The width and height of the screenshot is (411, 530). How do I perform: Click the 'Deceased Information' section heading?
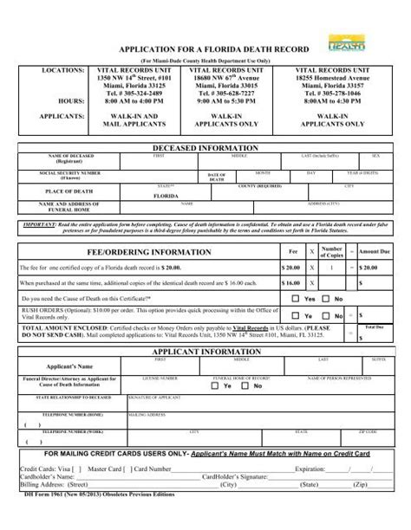click(205, 149)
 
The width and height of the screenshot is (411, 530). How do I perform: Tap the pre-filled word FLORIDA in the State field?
click(165, 196)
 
